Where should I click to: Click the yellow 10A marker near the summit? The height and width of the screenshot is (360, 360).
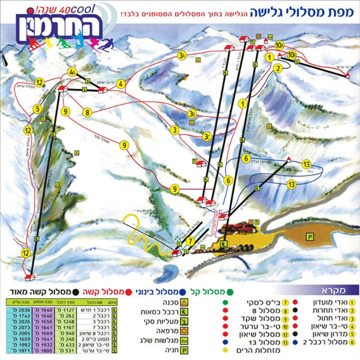(280, 45)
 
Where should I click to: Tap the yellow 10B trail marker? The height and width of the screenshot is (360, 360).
(292, 56)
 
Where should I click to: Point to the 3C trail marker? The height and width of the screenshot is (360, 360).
(206, 136)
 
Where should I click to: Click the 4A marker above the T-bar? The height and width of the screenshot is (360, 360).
(73, 73)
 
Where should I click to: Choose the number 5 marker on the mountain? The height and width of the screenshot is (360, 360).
(37, 109)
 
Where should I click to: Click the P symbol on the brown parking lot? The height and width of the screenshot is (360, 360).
(310, 236)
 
